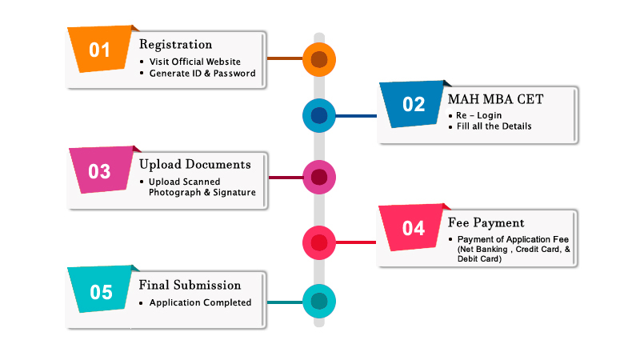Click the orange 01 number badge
tap(99, 50)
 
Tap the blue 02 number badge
tap(414, 104)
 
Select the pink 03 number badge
tap(100, 171)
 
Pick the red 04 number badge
tap(414, 229)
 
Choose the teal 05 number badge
tap(101, 292)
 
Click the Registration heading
tap(175, 45)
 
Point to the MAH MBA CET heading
tap(495, 100)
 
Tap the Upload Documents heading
tap(194, 165)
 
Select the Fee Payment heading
tap(486, 223)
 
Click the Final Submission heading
tap(190, 285)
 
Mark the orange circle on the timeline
tap(319, 58)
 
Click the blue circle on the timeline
tap(319, 116)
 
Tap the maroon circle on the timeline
tap(319, 177)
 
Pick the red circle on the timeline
tap(319, 242)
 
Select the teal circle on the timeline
tap(319, 302)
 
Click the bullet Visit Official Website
tap(194, 62)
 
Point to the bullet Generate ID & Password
tap(202, 74)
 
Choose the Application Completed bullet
tap(200, 302)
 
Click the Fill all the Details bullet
tap(494, 126)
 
